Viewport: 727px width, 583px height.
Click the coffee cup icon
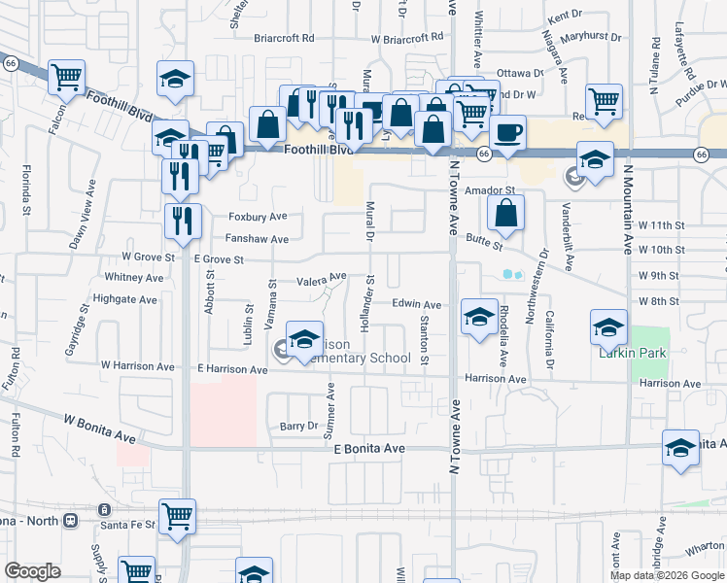508,131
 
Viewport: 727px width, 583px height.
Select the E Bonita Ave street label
367,448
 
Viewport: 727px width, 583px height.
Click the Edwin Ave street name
417,304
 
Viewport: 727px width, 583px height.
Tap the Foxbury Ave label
258,217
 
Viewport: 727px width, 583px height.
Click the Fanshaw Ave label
257,239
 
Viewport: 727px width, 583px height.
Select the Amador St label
488,191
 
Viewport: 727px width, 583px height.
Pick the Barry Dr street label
298,426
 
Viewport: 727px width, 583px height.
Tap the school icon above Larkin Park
608,326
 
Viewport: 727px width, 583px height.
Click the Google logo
32,571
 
